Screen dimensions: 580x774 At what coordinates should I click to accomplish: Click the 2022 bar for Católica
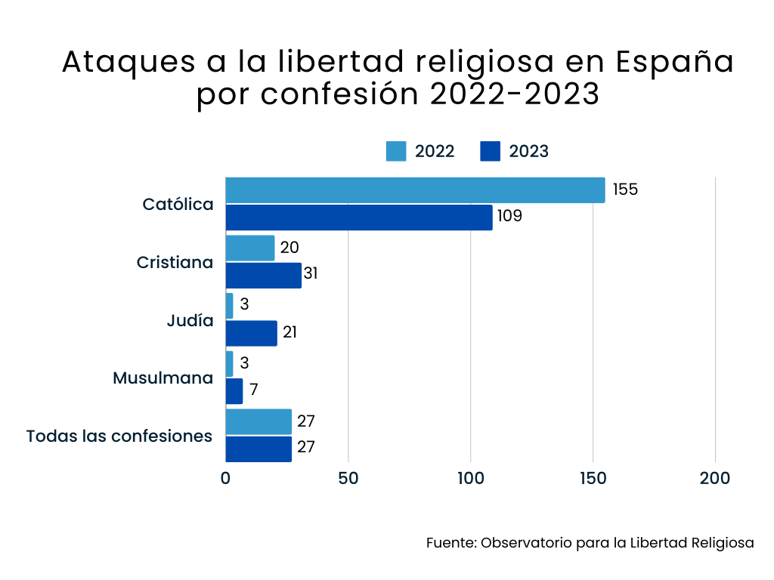tap(415, 190)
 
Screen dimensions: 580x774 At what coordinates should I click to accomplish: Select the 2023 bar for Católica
tap(359, 217)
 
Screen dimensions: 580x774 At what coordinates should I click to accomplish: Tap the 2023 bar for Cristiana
tap(263, 276)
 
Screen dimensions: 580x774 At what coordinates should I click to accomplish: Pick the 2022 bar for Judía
tap(230, 306)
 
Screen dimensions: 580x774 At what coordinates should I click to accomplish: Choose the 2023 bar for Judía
tap(251, 334)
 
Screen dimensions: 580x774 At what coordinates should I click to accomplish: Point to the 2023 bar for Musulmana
tap(234, 391)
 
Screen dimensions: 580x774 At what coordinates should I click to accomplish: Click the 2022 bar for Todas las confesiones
tap(259, 421)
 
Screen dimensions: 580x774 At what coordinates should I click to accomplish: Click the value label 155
tap(625, 190)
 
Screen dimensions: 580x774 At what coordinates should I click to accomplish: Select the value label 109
tap(509, 217)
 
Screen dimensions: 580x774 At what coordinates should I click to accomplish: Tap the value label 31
tap(310, 273)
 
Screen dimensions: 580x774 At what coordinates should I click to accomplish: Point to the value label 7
tap(254, 390)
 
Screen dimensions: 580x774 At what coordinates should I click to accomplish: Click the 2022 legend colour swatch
tap(396, 151)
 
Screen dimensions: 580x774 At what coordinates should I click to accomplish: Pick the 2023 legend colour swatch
tap(491, 151)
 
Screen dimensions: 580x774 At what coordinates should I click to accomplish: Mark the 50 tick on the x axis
tap(348, 478)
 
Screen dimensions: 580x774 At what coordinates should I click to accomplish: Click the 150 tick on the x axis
tap(593, 478)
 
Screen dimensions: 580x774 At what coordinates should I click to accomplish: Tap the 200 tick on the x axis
tap(715, 478)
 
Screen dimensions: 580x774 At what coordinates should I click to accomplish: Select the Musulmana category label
tap(163, 378)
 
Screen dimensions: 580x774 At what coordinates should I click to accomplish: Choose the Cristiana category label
tap(175, 263)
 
